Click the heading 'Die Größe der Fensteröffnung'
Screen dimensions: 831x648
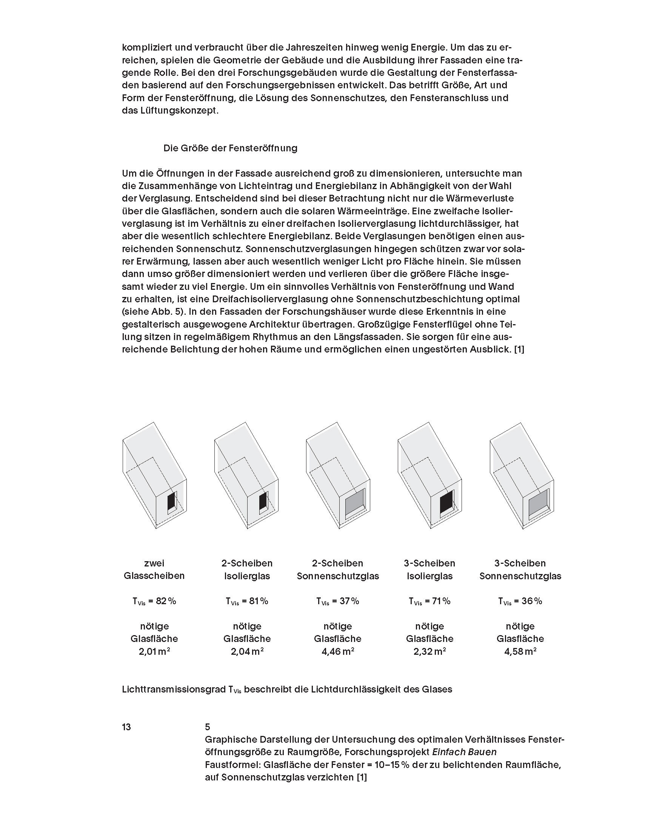(230, 148)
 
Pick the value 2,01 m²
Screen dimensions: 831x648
(154, 651)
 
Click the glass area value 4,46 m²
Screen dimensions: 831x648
(337, 651)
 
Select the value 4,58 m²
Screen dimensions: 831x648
(520, 651)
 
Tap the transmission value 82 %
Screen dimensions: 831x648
(166, 601)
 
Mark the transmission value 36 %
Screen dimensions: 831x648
(532, 601)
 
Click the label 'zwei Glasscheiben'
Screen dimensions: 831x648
(154, 569)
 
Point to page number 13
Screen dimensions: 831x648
(126, 727)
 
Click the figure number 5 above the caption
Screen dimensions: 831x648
(207, 727)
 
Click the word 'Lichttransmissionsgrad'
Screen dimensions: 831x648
(174, 689)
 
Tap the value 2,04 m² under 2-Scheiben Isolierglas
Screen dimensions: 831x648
(247, 651)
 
